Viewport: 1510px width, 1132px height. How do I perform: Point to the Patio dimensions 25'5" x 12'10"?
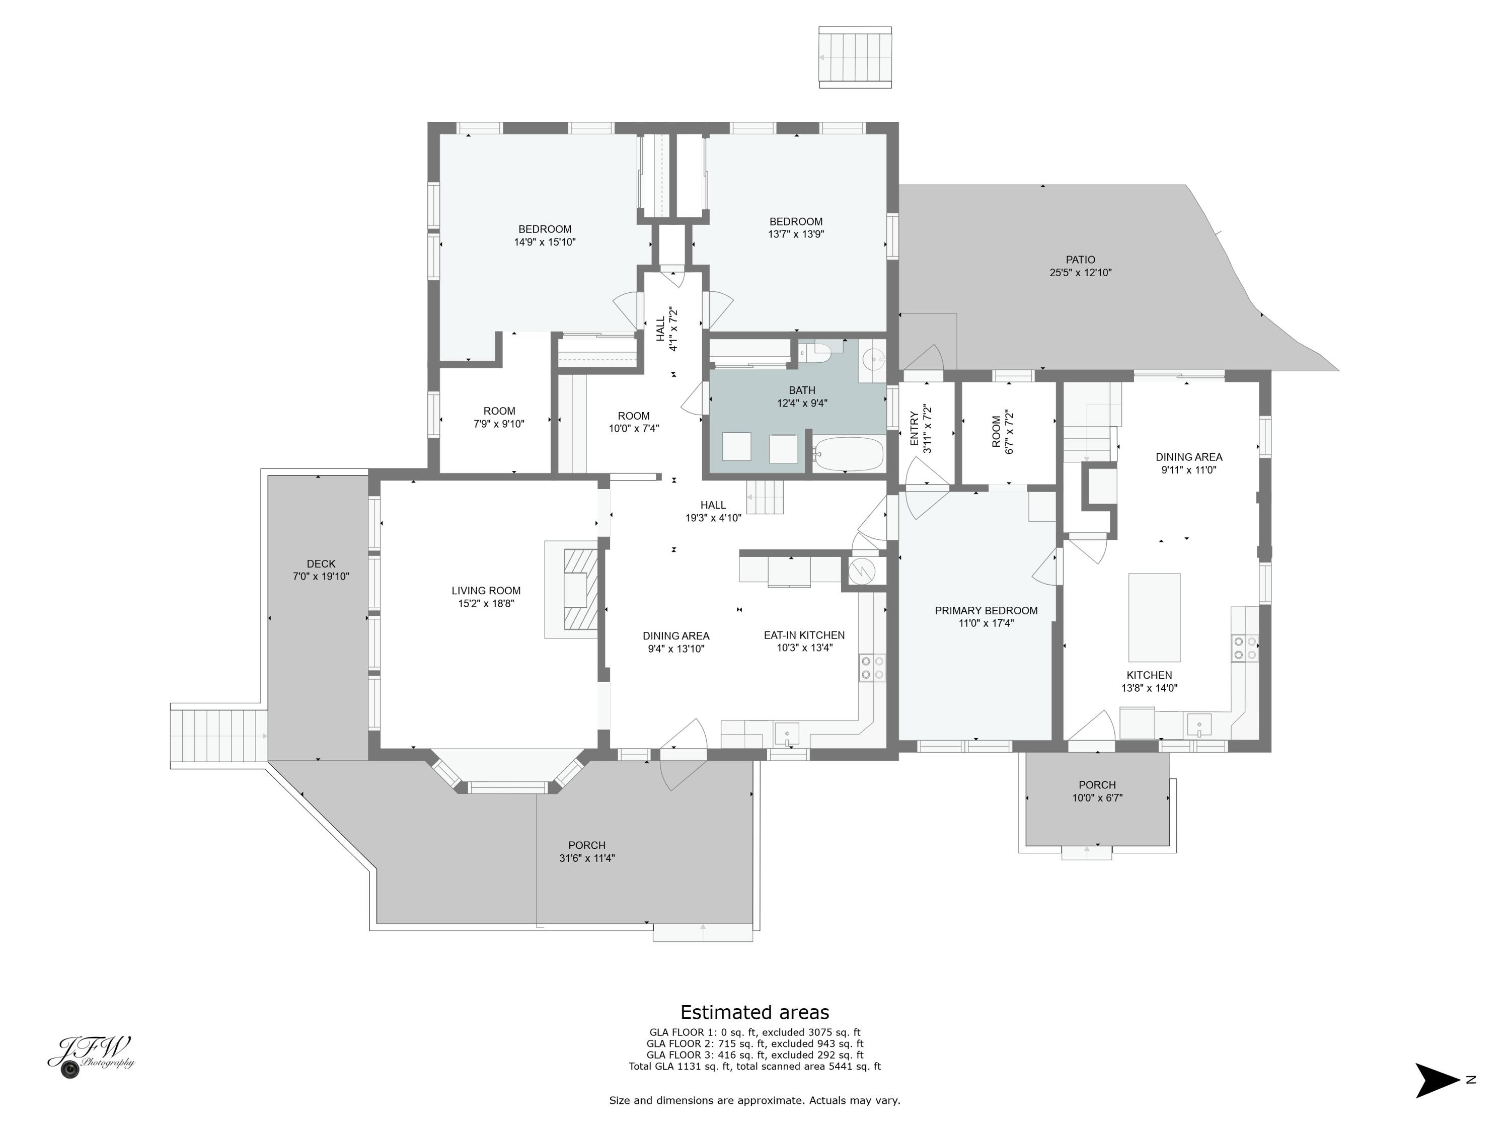pyautogui.click(x=1080, y=273)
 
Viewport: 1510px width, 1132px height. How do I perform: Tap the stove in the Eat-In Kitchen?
pyautogui.click(x=872, y=667)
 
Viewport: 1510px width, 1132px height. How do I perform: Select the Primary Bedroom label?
pyautogui.click(x=986, y=611)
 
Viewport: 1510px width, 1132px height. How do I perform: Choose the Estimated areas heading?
pyautogui.click(x=754, y=1012)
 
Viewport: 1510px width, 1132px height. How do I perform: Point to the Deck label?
pyautogui.click(x=321, y=563)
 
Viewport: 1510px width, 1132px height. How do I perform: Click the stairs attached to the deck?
pyautogui.click(x=218, y=736)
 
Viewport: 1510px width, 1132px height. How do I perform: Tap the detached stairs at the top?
pyautogui.click(x=855, y=57)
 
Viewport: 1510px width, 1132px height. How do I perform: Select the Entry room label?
pyautogui.click(x=914, y=429)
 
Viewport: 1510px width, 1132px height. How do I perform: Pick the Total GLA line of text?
pyautogui.click(x=754, y=1067)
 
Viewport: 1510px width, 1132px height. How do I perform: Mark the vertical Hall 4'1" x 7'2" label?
pyautogui.click(x=666, y=329)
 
